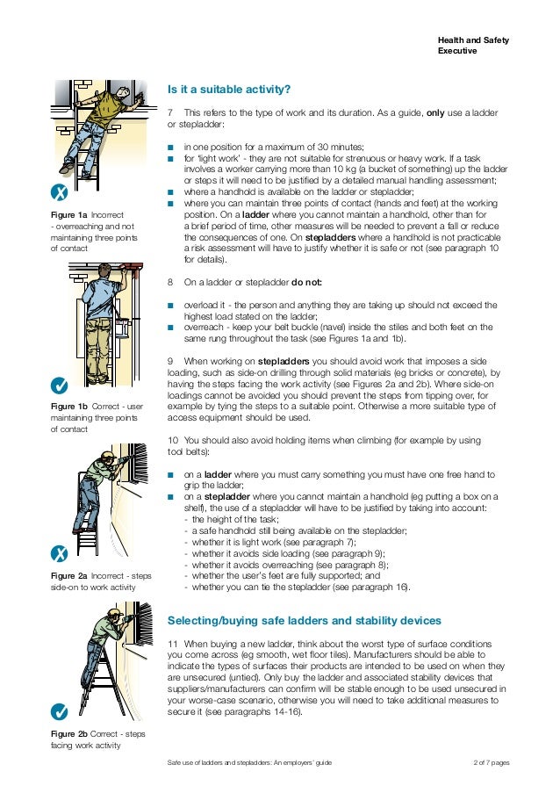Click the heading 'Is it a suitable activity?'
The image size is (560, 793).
(228, 89)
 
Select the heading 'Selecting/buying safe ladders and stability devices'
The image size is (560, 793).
(304, 621)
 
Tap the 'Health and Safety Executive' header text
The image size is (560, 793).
(473, 46)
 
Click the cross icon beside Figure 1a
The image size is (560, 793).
(59, 193)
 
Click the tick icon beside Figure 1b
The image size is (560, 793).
(59, 385)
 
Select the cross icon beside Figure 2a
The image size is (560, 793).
(59, 552)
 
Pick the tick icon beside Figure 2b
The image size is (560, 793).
(59, 710)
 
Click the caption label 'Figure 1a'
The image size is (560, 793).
(69, 214)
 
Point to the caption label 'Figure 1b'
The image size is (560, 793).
(69, 407)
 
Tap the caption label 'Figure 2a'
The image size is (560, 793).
(69, 575)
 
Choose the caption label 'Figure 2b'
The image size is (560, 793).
(69, 733)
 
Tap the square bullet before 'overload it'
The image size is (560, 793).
(171, 306)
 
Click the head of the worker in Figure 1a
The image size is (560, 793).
(105, 92)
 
